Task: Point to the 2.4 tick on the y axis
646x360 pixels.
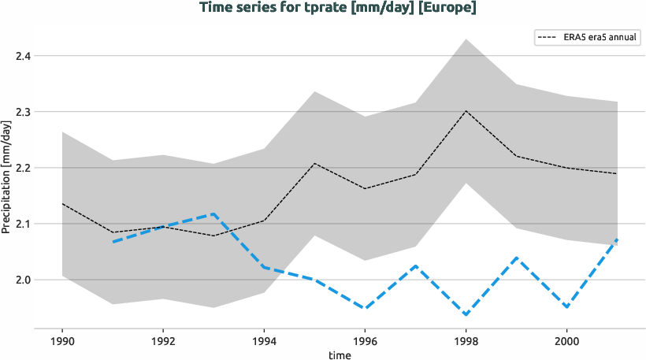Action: [x=24, y=56]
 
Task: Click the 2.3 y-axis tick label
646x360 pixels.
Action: [x=24, y=112]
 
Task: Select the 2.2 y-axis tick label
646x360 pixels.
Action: [x=24, y=168]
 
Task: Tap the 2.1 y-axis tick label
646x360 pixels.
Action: [x=24, y=224]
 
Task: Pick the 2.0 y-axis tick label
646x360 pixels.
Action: [x=24, y=280]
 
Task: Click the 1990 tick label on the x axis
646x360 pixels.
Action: [x=62, y=342]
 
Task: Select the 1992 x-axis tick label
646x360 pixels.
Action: [x=163, y=342]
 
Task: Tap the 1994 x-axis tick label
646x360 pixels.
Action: [x=264, y=342]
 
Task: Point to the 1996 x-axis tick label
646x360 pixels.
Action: [x=365, y=342]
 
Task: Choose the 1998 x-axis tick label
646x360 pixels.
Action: [x=466, y=342]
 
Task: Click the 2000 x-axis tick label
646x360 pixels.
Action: [x=567, y=342]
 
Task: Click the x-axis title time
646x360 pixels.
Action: [x=340, y=354]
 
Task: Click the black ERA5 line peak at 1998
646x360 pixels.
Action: [x=466, y=111]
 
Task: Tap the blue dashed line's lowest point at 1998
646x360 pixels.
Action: [x=466, y=315]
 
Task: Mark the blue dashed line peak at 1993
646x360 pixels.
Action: [x=213, y=213]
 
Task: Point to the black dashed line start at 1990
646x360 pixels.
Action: [x=62, y=204]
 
